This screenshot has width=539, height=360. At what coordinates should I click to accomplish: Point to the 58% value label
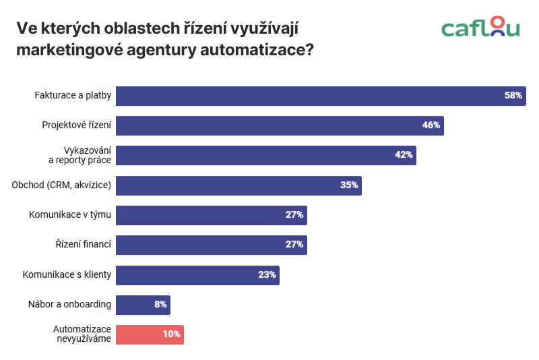[513, 96]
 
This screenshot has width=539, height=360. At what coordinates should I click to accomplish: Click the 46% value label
[431, 125]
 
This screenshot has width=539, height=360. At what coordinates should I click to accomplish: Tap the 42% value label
[404, 155]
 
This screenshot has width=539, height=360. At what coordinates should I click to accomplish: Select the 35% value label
[349, 185]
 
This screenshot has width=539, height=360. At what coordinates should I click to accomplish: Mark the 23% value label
[267, 275]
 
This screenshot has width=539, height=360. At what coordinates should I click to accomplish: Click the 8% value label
[160, 305]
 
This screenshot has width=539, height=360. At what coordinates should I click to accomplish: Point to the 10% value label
[171, 334]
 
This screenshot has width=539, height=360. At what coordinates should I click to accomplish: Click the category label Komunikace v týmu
[69, 215]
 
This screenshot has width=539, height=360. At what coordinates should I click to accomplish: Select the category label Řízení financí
[83, 245]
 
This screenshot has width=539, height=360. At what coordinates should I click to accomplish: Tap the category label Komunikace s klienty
[67, 275]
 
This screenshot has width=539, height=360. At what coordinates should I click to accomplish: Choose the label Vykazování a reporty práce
[80, 155]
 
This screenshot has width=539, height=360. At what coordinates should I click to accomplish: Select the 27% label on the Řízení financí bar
[294, 245]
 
